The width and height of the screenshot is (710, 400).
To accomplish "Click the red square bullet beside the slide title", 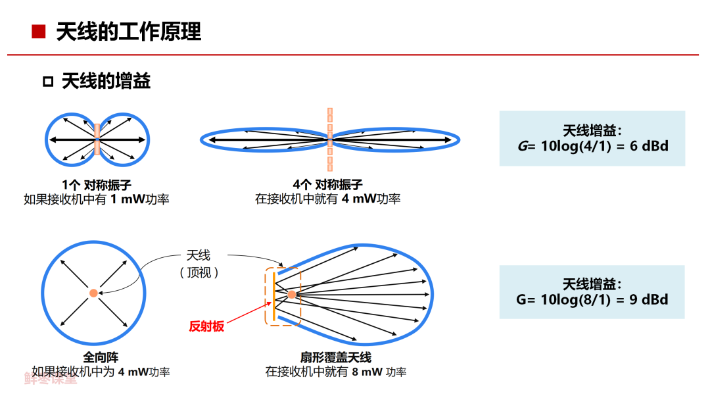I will point(39,32).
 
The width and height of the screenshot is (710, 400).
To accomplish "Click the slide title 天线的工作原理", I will point(129,32).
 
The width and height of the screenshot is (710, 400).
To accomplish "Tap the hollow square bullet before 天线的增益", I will point(47,82).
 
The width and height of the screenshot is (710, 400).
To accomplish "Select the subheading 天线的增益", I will point(106,82).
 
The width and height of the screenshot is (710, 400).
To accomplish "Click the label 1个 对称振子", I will point(97,185).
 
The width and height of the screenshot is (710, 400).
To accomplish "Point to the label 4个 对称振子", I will point(328,185).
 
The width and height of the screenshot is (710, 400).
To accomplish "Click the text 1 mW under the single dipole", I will point(124,199).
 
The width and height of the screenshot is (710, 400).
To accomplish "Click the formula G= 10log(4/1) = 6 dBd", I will point(593,146).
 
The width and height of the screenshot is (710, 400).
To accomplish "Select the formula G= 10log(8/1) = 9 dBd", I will point(592,299).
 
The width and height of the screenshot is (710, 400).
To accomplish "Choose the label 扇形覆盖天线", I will point(336,358).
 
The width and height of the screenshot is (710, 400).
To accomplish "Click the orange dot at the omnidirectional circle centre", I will point(93,293).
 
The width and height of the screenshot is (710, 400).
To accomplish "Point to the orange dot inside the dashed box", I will point(291,294).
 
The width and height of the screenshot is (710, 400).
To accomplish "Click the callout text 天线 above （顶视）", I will point(199,255).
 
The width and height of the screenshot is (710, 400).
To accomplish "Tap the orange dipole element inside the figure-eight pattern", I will point(97,139).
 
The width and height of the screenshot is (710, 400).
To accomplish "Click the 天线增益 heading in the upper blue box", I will point(592,130).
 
